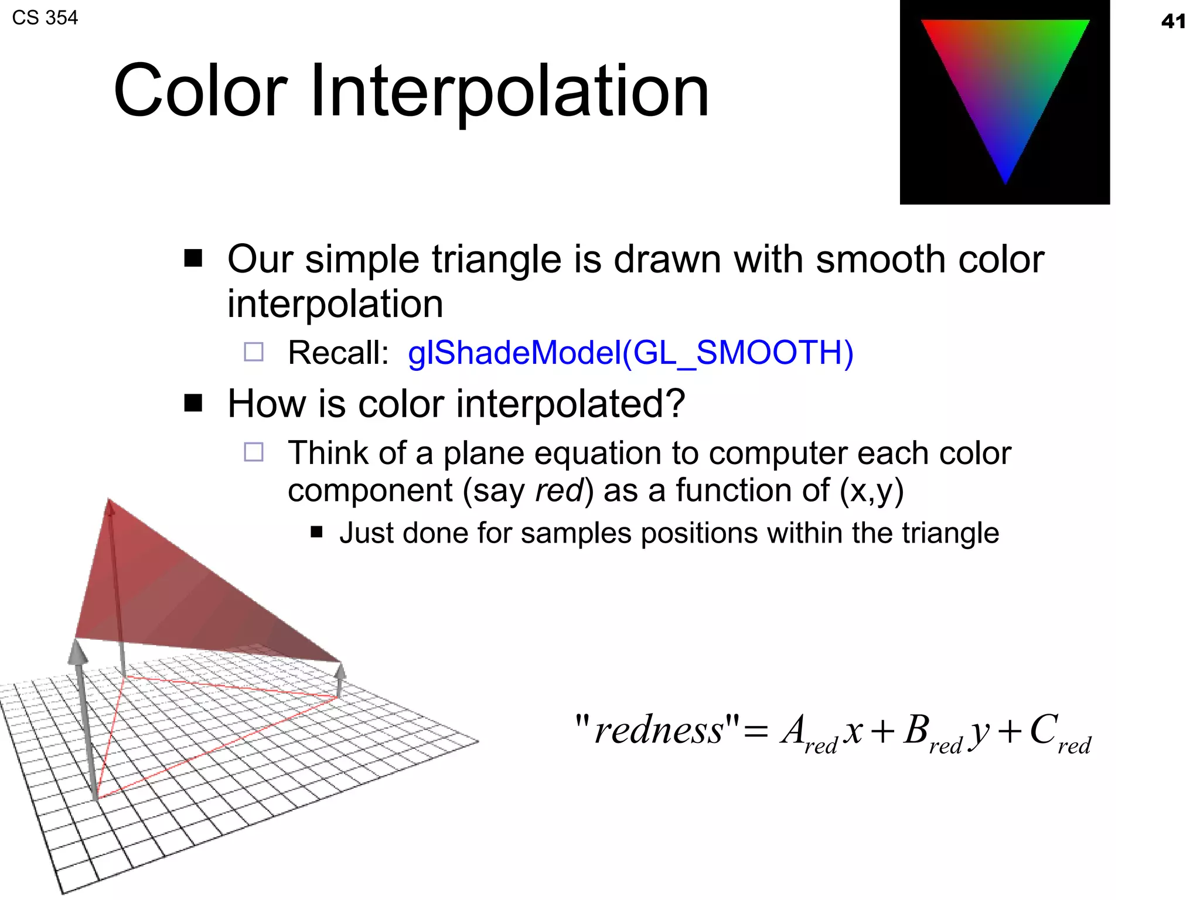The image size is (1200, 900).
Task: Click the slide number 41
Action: coord(1173,22)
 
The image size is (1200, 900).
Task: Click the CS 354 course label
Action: coord(45,18)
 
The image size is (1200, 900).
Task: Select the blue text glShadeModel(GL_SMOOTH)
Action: coord(630,353)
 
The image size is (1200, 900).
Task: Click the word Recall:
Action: coord(338,353)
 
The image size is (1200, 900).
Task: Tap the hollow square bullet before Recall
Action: coord(254,352)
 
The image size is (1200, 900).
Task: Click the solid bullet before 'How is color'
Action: coord(193,403)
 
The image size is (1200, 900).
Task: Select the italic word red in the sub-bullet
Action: coord(560,490)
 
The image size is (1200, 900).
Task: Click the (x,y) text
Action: coord(872,490)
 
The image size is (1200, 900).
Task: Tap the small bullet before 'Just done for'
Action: coord(317,532)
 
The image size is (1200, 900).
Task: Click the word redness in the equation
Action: coord(659,731)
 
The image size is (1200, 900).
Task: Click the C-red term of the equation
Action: coord(1059,734)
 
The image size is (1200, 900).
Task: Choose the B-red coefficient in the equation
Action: coord(932,734)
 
